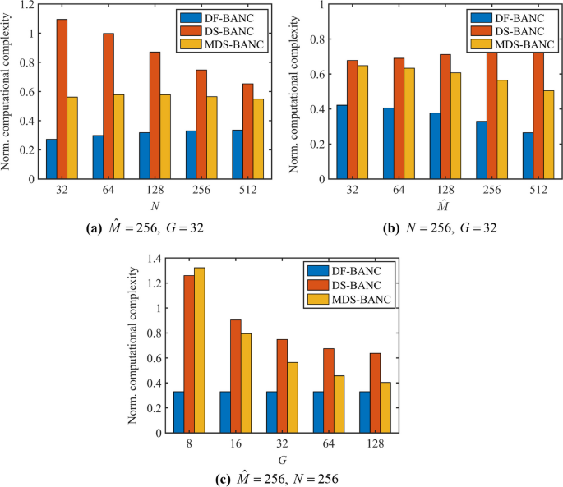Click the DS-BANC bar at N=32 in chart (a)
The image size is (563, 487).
pos(62,99)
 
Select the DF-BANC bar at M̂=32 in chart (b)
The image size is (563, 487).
pos(342,142)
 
